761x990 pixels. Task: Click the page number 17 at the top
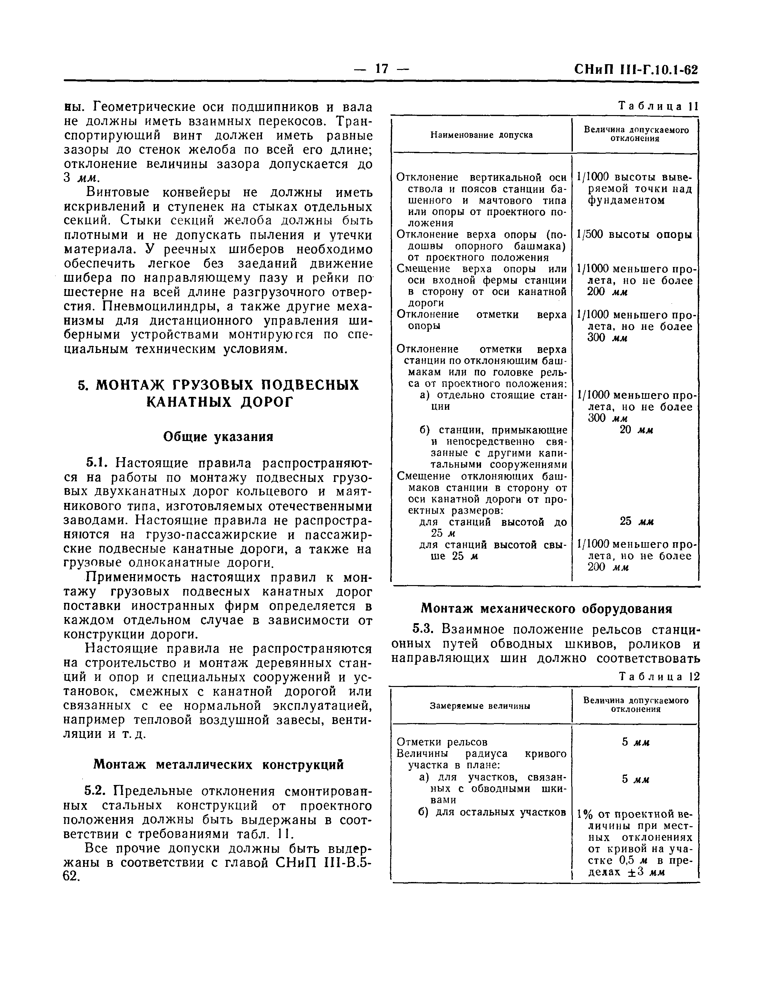pyautogui.click(x=382, y=69)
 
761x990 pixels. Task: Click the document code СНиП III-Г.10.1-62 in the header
pyautogui.click(x=636, y=70)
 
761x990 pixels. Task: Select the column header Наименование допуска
pyautogui.click(x=481, y=135)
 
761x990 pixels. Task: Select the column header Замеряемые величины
pyautogui.click(x=480, y=706)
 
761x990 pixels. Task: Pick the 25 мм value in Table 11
pyautogui.click(x=636, y=521)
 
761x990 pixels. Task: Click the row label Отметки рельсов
pyautogui.click(x=442, y=742)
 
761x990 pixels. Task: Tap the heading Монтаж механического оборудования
pyautogui.click(x=546, y=608)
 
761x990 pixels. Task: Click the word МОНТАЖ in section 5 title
pyautogui.click(x=130, y=385)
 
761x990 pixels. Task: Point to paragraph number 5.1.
pyautogui.click(x=96, y=463)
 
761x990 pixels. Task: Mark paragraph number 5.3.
pyautogui.click(x=424, y=629)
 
